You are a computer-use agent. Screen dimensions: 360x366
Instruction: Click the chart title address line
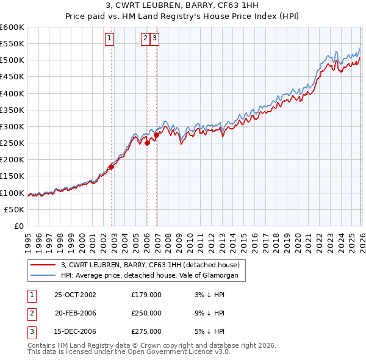pos(182,7)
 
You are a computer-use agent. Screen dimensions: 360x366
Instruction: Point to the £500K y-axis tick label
pos(12,60)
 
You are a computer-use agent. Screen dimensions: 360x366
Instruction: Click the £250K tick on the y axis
pos(12,143)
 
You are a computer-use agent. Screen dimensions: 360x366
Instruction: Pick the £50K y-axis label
pos(14,209)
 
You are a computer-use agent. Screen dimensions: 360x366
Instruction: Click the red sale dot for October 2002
pos(112,167)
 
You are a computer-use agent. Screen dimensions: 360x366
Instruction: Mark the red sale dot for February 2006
pos(147,143)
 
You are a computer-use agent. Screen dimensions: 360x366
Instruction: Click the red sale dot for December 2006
pos(157,135)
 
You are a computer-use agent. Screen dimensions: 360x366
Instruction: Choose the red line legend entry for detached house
pos(152,265)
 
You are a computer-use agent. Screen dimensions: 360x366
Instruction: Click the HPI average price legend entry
pos(152,276)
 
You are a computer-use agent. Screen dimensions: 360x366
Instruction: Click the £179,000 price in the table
pos(146,295)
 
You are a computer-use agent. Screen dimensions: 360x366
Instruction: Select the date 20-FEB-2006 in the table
pos(75,313)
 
